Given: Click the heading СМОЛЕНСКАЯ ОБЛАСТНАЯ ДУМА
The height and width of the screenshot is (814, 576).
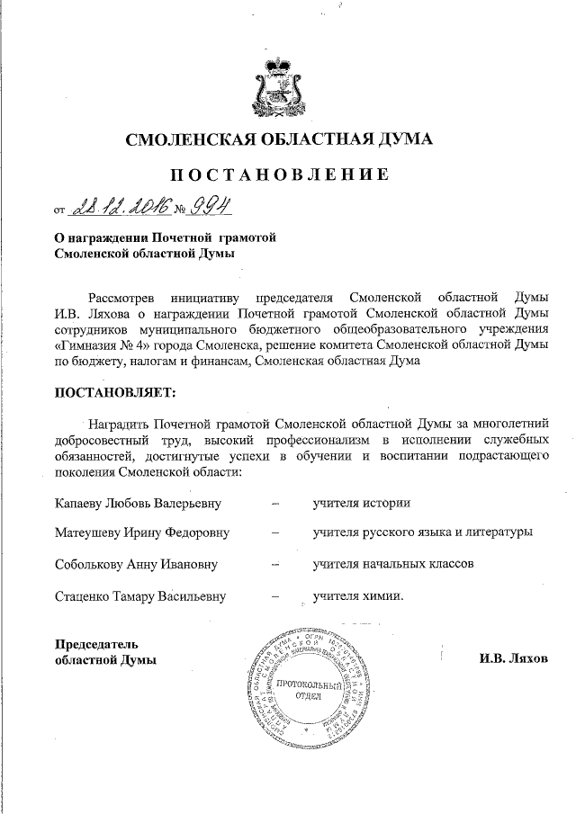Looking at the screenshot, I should pos(279,139).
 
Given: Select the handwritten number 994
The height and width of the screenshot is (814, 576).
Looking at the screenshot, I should pos(210,208).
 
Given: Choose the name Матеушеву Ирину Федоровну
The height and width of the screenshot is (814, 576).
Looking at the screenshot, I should pos(141,532).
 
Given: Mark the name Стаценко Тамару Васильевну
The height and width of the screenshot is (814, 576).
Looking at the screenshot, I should pos(139,595).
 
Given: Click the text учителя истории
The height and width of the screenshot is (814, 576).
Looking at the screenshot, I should pos(362,502).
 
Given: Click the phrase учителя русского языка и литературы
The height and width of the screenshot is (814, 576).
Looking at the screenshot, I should pos(422,532).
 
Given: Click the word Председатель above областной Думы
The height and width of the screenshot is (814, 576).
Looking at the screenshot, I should pos(96,644).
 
